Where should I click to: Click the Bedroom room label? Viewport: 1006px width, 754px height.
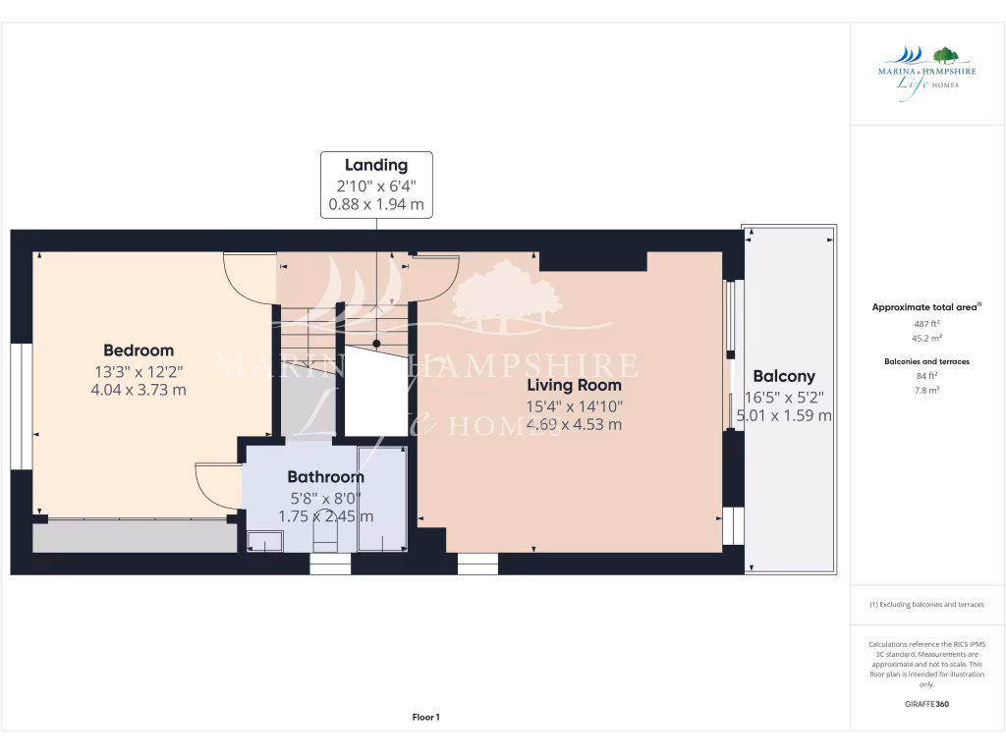tap(139, 350)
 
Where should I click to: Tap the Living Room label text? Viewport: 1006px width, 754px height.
tap(574, 385)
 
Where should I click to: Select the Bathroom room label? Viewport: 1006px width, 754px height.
tap(325, 477)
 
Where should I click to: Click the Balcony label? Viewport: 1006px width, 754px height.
tap(784, 376)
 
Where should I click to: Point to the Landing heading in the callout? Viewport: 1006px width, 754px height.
tap(375, 165)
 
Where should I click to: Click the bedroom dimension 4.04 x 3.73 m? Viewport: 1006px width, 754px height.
tap(139, 390)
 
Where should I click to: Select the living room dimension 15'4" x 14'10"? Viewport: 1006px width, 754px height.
tap(574, 405)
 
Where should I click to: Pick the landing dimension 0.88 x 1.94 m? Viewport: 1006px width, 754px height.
tap(375, 204)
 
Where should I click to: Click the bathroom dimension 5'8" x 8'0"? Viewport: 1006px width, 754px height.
tap(325, 497)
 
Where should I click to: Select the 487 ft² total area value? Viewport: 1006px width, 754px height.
tap(926, 323)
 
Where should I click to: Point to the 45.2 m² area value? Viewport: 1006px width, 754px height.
tap(926, 338)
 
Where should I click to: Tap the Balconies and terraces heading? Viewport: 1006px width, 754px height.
tap(926, 361)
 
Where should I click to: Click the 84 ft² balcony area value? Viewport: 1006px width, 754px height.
tap(926, 375)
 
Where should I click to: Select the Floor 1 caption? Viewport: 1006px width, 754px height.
tap(424, 718)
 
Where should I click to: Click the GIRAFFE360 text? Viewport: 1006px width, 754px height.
tap(926, 704)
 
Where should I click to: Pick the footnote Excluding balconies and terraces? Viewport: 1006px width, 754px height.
tap(926, 605)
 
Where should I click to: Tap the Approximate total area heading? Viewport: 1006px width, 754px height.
tap(926, 307)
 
